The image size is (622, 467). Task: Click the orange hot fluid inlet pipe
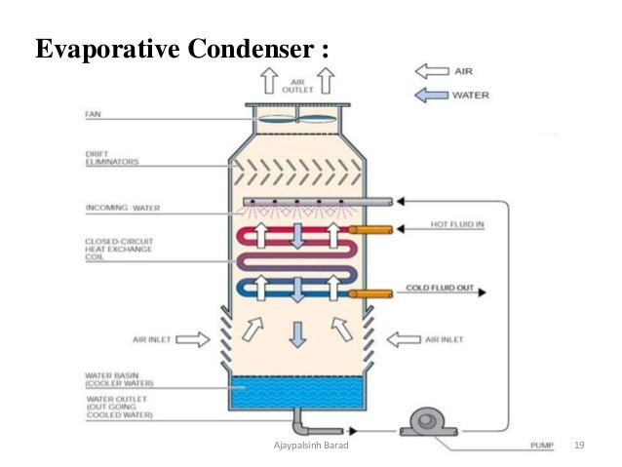[370, 231]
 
